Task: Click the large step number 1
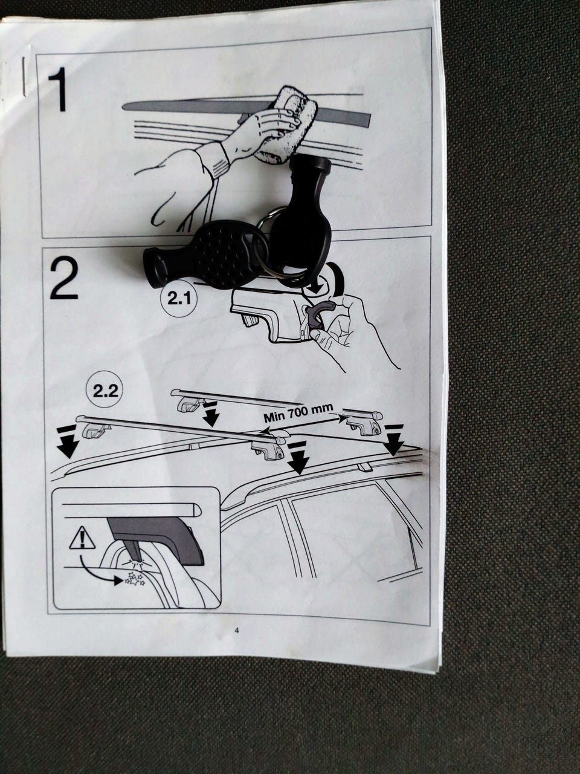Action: tap(58, 89)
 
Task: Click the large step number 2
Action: tap(64, 278)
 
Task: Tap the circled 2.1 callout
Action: tap(179, 299)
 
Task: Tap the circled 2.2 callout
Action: tap(105, 391)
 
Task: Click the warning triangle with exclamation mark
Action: tap(82, 539)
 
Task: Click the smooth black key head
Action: tap(303, 215)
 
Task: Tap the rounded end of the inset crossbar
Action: tap(196, 510)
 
